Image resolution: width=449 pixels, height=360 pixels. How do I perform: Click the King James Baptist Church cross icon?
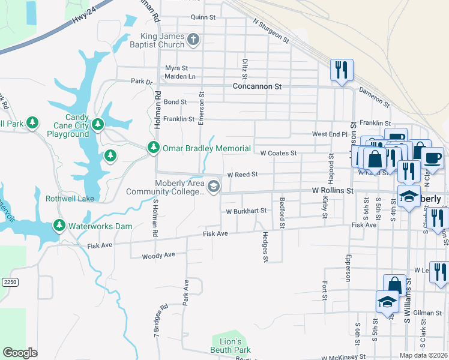point(193,40)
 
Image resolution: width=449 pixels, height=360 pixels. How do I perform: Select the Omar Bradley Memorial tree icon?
point(154,148)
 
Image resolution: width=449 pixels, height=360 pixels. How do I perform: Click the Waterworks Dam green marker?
point(59,226)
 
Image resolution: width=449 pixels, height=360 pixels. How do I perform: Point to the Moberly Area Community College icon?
point(212,188)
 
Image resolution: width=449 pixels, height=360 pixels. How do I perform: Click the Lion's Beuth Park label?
point(231,346)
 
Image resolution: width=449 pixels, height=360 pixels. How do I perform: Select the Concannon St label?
point(257,86)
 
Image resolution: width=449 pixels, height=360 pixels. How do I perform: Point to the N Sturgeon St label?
point(271,31)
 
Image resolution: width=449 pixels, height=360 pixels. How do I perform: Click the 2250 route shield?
point(8,281)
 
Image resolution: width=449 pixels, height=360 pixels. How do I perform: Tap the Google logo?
point(20,353)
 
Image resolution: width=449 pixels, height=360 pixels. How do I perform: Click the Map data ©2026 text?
point(423,355)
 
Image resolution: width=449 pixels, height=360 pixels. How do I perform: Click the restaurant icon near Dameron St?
point(341,69)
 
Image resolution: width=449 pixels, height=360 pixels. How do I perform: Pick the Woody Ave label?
point(158,256)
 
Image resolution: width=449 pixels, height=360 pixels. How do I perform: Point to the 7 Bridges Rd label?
point(155,331)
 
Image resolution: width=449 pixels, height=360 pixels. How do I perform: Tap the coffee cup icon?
point(432,158)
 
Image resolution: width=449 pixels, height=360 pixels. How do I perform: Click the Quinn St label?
point(203,17)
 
